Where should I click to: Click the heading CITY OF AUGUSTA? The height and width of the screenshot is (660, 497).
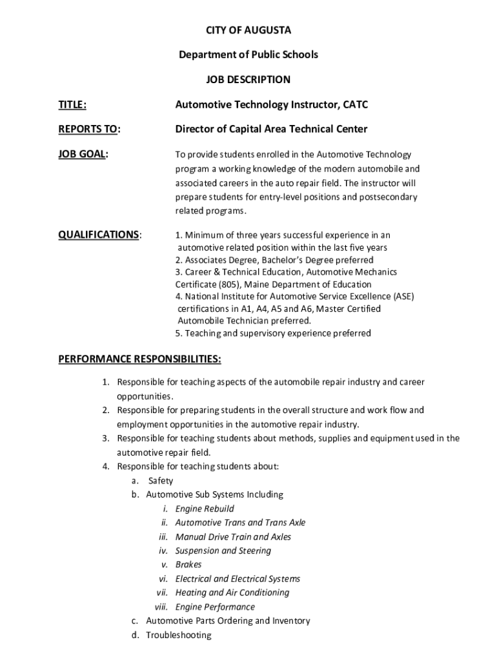[249, 30]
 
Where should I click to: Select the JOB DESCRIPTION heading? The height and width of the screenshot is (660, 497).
[249, 80]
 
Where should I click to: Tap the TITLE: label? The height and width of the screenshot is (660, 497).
[73, 104]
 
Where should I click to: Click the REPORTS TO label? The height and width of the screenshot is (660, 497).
[89, 129]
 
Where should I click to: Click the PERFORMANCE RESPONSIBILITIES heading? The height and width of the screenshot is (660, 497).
[139, 358]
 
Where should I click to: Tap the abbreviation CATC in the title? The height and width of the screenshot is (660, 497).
[356, 104]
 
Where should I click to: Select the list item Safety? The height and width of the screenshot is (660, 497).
[161, 481]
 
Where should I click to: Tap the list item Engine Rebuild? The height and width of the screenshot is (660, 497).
[205, 509]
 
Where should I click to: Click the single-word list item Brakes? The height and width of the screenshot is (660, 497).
[188, 565]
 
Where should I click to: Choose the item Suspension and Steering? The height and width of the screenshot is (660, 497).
[223, 550]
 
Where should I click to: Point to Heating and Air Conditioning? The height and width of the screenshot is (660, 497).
[232, 592]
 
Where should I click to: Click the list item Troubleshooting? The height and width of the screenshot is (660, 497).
[179, 635]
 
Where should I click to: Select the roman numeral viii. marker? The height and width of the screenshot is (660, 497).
[161, 607]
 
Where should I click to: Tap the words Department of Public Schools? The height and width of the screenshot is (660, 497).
[249, 55]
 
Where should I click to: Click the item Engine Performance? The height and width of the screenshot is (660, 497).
[215, 607]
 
